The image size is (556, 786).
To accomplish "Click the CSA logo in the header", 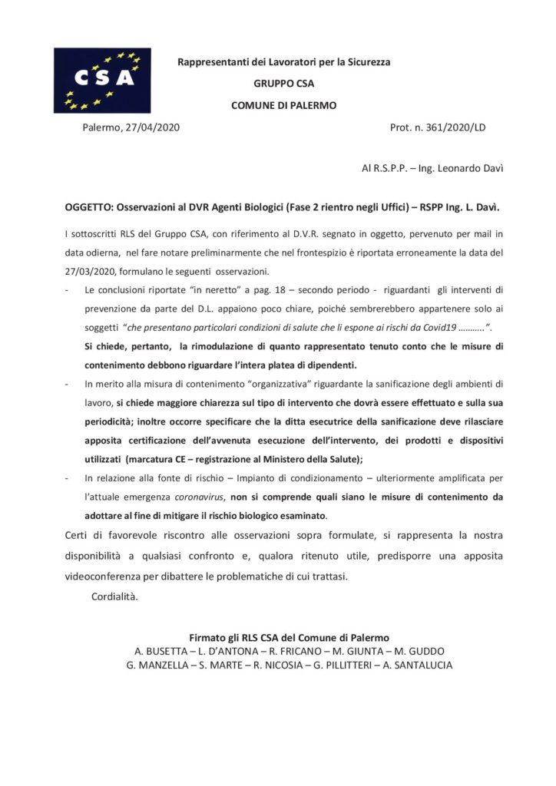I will (x=102, y=80).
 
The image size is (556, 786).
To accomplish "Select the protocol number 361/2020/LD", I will (x=454, y=127).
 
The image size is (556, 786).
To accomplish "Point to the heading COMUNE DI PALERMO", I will (x=283, y=105).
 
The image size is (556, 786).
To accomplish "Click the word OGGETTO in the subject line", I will (x=89, y=208).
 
